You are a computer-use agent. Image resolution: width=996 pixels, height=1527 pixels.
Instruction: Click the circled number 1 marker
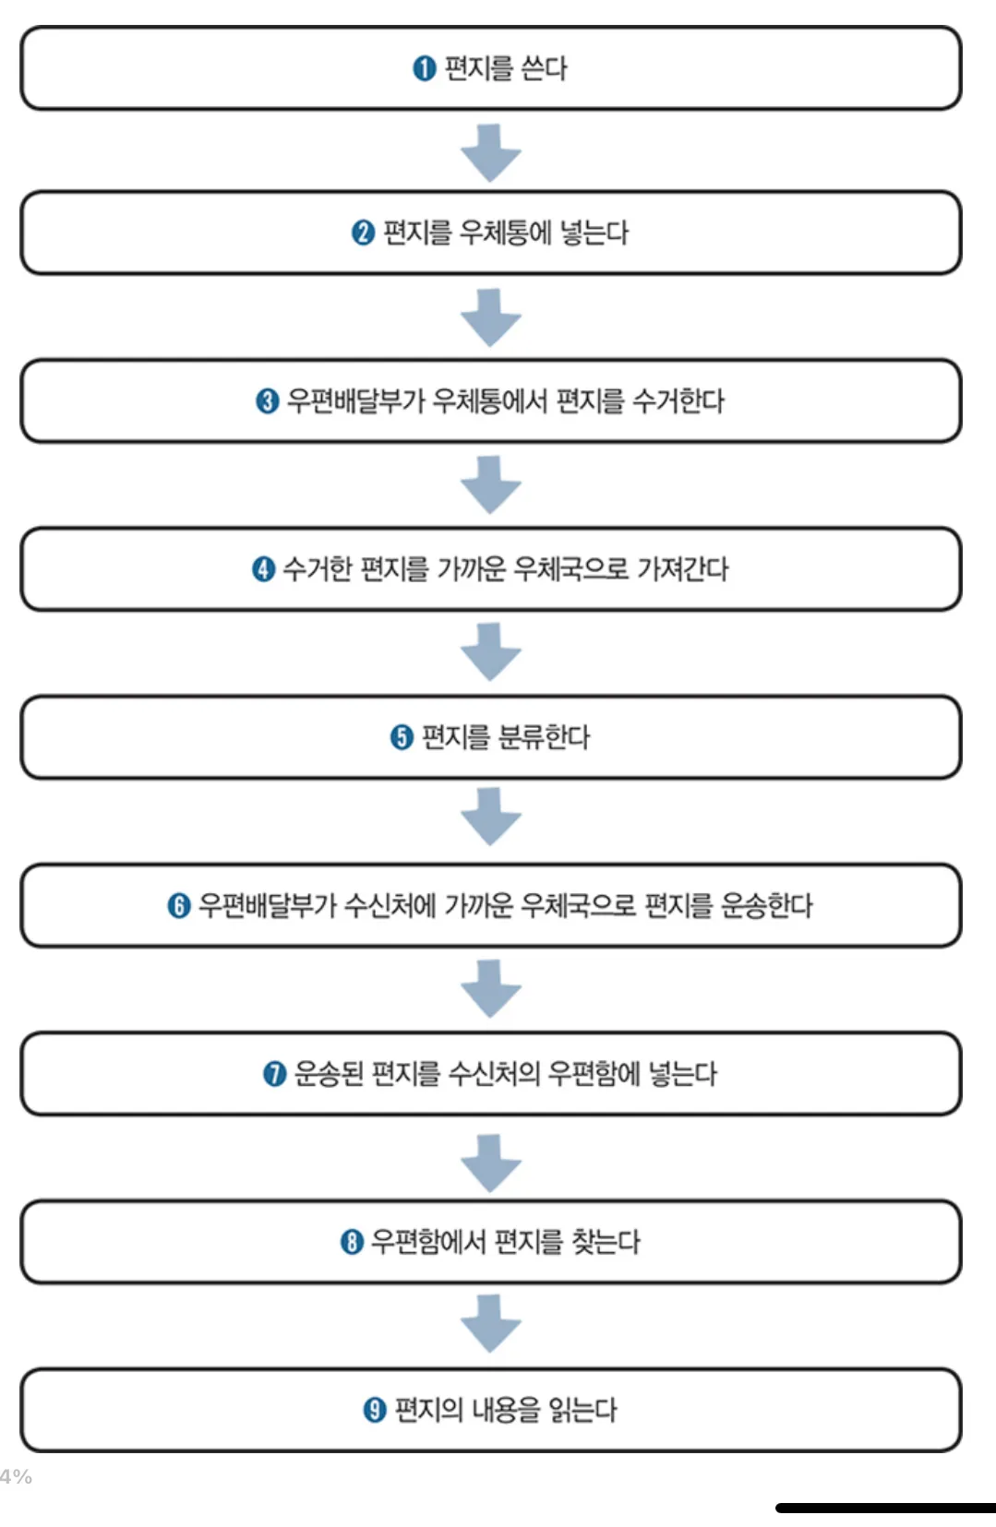pos(424,68)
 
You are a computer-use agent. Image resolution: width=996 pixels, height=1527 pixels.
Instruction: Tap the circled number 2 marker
pos(363,233)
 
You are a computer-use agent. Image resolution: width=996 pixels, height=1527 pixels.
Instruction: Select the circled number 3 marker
pos(267,401)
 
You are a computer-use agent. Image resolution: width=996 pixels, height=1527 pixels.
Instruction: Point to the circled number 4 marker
pos(263,569)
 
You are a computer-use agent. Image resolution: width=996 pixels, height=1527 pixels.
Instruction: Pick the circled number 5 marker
pos(402,737)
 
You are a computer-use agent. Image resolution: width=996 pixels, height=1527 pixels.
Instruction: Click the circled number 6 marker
pos(178,906)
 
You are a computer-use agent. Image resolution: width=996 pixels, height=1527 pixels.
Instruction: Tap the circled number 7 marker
pos(274,1074)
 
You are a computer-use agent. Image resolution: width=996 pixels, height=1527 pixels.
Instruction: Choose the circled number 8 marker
pos(352,1242)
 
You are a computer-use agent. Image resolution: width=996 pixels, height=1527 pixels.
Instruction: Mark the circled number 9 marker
pos(374,1410)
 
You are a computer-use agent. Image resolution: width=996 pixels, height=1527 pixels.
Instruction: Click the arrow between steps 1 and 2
pos(491,152)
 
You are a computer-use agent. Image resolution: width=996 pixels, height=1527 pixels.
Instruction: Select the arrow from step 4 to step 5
pos(491,651)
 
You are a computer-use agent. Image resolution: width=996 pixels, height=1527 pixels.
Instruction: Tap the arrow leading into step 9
pos(491,1323)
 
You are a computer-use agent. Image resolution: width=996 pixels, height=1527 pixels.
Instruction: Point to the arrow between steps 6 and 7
pos(491,988)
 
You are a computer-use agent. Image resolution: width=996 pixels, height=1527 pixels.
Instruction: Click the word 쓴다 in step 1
pos(544,68)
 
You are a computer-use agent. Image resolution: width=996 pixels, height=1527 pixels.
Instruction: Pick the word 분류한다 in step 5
pos(544,737)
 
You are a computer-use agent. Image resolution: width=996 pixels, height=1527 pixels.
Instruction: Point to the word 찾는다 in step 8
pos(606,1242)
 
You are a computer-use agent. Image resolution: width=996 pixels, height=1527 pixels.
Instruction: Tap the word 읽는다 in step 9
pos(582,1410)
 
